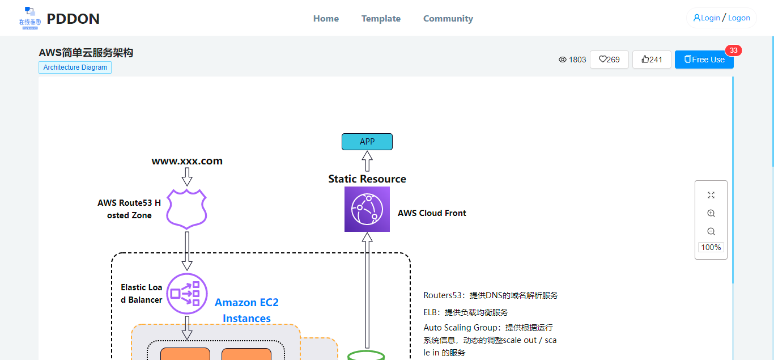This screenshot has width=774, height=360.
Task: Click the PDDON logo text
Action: (73, 19)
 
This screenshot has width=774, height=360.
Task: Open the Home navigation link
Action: (326, 19)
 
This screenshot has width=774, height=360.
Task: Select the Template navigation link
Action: (381, 19)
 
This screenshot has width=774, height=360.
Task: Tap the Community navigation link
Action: (448, 19)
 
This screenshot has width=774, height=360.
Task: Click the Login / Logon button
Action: (721, 18)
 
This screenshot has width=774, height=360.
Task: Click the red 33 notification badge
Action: (733, 50)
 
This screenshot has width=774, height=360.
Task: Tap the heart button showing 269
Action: (609, 60)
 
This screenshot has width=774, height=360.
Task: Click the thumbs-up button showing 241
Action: (652, 60)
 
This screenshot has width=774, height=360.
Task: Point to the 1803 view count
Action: (572, 60)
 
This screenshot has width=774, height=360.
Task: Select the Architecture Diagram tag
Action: (75, 67)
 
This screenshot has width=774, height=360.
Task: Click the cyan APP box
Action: (367, 142)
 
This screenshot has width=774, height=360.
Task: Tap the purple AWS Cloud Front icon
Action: (367, 209)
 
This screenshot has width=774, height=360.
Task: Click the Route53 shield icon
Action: (187, 209)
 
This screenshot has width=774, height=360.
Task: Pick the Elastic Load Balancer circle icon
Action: (187, 293)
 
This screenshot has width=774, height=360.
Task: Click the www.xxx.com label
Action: (187, 161)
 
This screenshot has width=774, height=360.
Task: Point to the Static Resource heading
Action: (367, 179)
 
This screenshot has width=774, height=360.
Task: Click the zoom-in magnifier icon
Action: (711, 213)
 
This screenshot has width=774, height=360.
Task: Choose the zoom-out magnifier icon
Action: (711, 231)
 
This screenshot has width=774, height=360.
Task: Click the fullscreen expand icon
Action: (711, 195)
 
